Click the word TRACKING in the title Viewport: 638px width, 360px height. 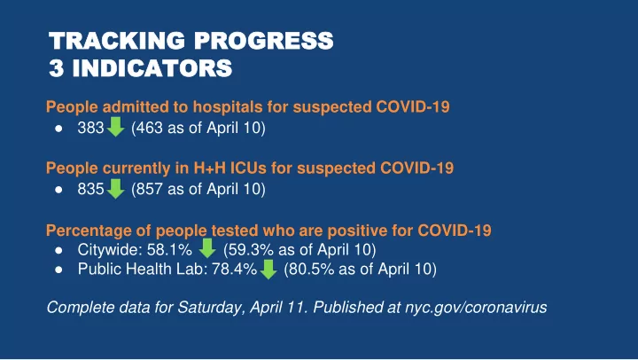click(x=117, y=41)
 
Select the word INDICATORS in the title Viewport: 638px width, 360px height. click(x=152, y=68)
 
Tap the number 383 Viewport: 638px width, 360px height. click(x=90, y=128)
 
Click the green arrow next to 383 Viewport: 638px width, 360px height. click(x=115, y=127)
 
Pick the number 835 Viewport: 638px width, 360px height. click(x=90, y=189)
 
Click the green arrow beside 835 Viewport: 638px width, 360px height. click(x=115, y=189)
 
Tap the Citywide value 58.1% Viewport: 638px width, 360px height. click(x=169, y=250)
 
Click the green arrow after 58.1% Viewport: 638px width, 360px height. click(x=207, y=248)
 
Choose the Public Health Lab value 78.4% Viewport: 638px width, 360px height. click(x=234, y=270)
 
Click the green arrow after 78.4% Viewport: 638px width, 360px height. click(x=268, y=270)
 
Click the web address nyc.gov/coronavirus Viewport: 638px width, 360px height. click(x=476, y=308)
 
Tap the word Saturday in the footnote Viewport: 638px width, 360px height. click(x=211, y=308)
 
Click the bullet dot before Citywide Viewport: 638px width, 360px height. click(x=59, y=250)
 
